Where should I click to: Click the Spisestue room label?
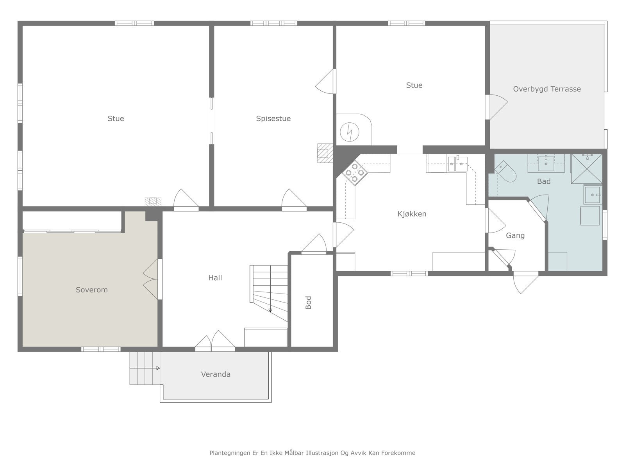(273, 119)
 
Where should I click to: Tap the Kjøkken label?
(412, 214)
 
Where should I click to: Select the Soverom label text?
(92, 290)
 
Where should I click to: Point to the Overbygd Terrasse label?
(547, 89)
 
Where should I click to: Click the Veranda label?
(216, 374)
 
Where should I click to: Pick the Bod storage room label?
(308, 303)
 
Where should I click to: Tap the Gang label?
(515, 236)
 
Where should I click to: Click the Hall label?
(215, 277)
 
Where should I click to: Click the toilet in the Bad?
(506, 172)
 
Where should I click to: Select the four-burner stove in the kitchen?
(355, 173)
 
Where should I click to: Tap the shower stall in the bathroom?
(587, 169)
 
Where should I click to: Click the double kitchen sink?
(457, 164)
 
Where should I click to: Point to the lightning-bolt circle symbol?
(349, 132)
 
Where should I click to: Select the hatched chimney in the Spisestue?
(325, 153)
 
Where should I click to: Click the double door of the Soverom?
(151, 279)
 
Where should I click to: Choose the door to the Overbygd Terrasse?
(496, 107)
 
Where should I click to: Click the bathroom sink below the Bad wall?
(546, 163)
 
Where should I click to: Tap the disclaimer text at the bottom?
(312, 453)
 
